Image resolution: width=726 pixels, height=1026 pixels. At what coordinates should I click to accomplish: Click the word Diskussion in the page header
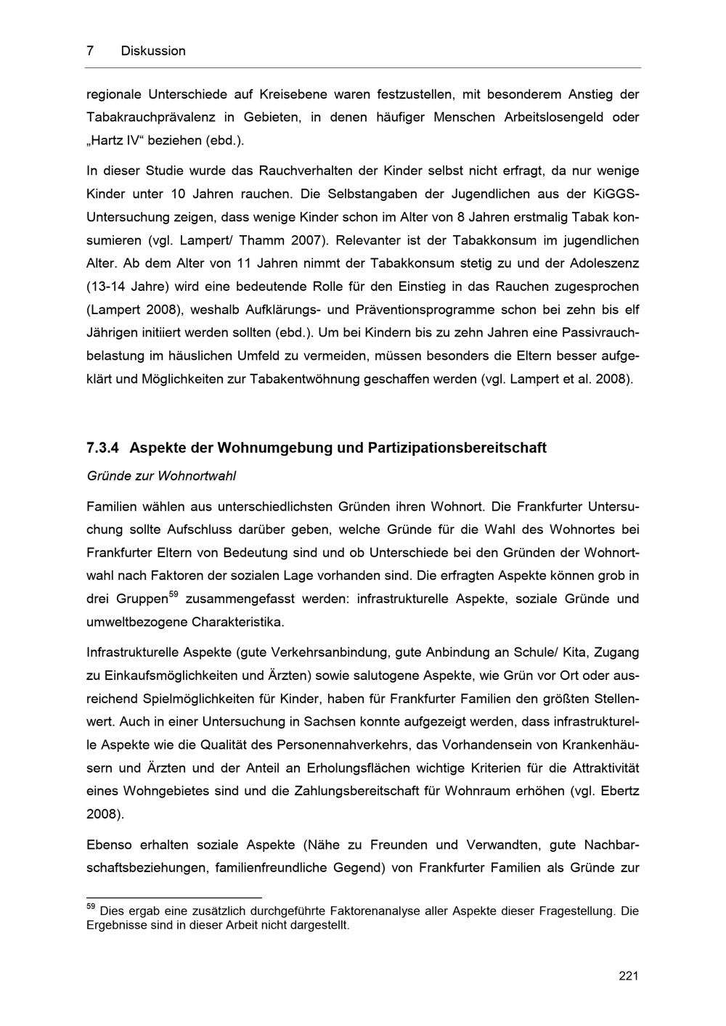coord(153,51)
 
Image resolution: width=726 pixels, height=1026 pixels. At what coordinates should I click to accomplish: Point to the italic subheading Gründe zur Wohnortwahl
coord(161,477)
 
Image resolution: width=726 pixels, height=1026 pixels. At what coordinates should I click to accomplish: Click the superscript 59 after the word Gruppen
coord(173,595)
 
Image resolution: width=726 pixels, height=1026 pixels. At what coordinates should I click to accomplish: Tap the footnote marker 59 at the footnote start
coord(91,906)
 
